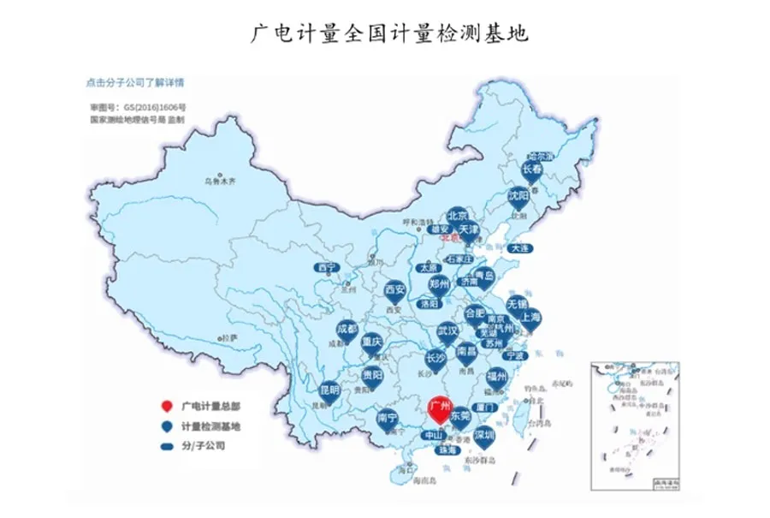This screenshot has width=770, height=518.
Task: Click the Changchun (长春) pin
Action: tap(533, 170)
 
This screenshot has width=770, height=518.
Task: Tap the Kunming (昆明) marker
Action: tap(329, 390)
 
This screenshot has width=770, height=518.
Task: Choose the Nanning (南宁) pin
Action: tap(387, 419)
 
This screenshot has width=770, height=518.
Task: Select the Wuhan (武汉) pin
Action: tap(447, 331)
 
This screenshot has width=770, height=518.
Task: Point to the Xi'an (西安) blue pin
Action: tap(394, 290)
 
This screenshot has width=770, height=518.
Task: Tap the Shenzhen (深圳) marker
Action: tap(484, 435)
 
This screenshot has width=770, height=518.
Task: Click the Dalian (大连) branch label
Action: tap(519, 248)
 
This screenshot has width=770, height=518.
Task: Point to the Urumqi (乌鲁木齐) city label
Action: tap(219, 182)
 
